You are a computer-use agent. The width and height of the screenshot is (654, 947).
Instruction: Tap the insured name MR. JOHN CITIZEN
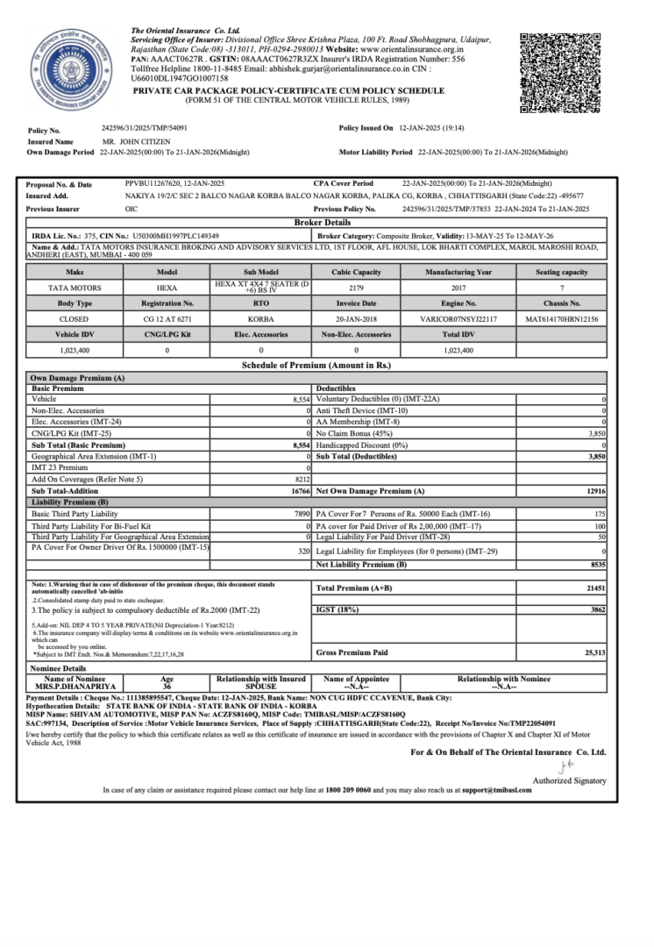(133, 140)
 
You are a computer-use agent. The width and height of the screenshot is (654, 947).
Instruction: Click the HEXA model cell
(167, 288)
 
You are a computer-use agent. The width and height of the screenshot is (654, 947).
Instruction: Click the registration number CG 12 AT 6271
(167, 319)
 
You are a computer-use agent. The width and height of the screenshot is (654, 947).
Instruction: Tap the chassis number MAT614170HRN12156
(561, 319)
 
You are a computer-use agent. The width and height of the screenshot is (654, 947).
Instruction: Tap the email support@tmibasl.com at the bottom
(501, 790)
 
